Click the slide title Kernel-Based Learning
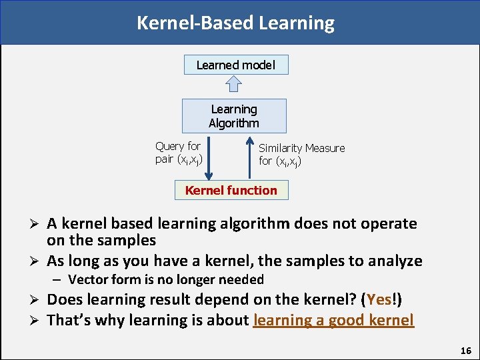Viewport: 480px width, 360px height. tap(235, 23)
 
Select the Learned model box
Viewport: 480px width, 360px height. tap(236, 65)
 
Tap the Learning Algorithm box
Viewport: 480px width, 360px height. tap(234, 116)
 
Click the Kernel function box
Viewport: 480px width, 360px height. tap(231, 190)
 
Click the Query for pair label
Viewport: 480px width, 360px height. tap(178, 152)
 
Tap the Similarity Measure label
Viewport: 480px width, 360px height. tap(301, 155)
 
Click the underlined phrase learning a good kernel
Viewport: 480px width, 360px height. tap(333, 320)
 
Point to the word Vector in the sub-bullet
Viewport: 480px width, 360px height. tap(88, 279)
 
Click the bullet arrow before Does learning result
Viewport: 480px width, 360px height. tap(37, 301)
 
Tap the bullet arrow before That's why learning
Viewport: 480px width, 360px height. tap(37, 321)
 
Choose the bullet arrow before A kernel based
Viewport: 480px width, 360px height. tap(37, 224)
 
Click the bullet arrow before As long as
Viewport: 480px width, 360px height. tap(37, 261)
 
